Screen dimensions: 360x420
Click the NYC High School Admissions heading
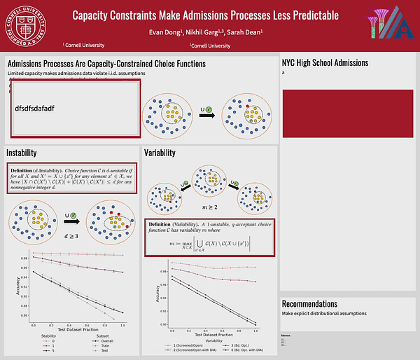click(x=325, y=63)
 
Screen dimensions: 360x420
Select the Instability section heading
click(x=22, y=153)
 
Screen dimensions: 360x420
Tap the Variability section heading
click(x=160, y=153)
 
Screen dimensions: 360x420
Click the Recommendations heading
click(x=315, y=303)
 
